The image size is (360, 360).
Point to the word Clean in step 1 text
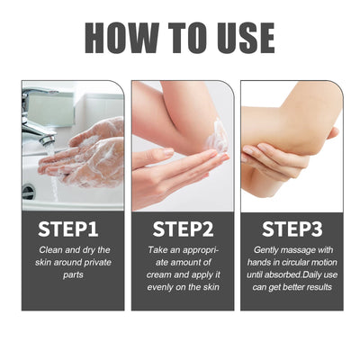[x=51, y=248]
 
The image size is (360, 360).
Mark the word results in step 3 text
[x=315, y=286]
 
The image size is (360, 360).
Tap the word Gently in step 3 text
[x=265, y=248]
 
